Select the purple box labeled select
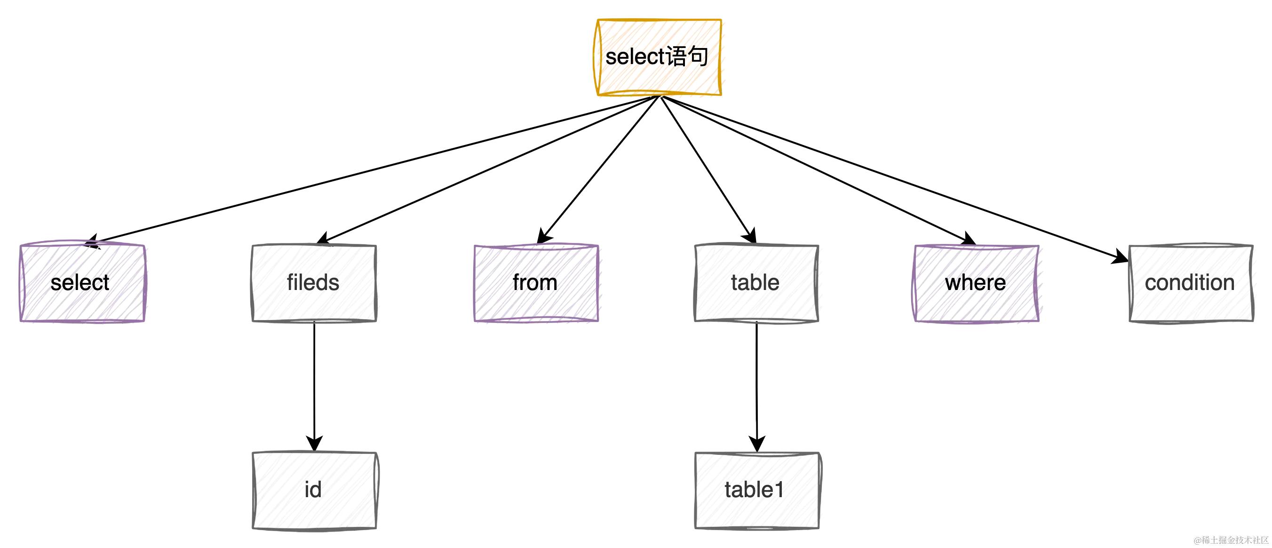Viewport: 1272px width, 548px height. (82, 282)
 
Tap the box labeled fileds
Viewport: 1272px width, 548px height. (314, 282)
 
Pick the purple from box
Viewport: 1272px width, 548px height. (536, 282)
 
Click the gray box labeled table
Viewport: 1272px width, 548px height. (756, 282)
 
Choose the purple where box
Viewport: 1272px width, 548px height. (976, 282)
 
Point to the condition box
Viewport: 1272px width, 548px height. (1191, 282)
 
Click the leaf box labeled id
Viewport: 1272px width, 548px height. (314, 490)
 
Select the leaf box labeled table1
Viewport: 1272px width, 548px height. (756, 490)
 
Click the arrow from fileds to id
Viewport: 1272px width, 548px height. (314, 380)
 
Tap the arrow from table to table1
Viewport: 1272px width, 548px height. (756, 380)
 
